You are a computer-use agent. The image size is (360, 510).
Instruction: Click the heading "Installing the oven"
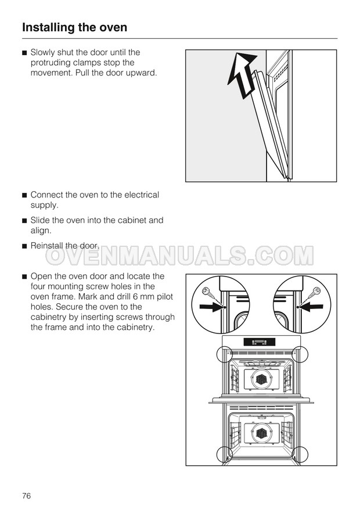(74, 27)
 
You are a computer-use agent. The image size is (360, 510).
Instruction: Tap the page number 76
(26, 495)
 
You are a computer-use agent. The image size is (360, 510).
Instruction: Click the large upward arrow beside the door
(242, 74)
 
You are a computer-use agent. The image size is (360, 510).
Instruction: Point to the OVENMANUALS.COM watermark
(179, 256)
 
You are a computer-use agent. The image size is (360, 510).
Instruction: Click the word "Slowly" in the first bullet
(42, 52)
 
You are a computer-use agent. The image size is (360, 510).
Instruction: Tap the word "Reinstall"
(46, 246)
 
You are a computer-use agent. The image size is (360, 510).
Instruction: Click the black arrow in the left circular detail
(211, 306)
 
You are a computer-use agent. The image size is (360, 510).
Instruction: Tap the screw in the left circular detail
(212, 296)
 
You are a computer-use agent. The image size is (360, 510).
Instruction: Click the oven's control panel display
(260, 342)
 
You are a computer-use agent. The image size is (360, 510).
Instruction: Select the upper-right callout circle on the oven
(308, 354)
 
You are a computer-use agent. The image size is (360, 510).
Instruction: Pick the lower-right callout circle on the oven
(308, 454)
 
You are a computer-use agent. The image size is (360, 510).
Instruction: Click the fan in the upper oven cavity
(261, 379)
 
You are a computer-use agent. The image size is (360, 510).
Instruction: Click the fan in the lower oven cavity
(261, 433)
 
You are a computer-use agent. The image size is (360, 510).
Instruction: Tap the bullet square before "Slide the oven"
(24, 221)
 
